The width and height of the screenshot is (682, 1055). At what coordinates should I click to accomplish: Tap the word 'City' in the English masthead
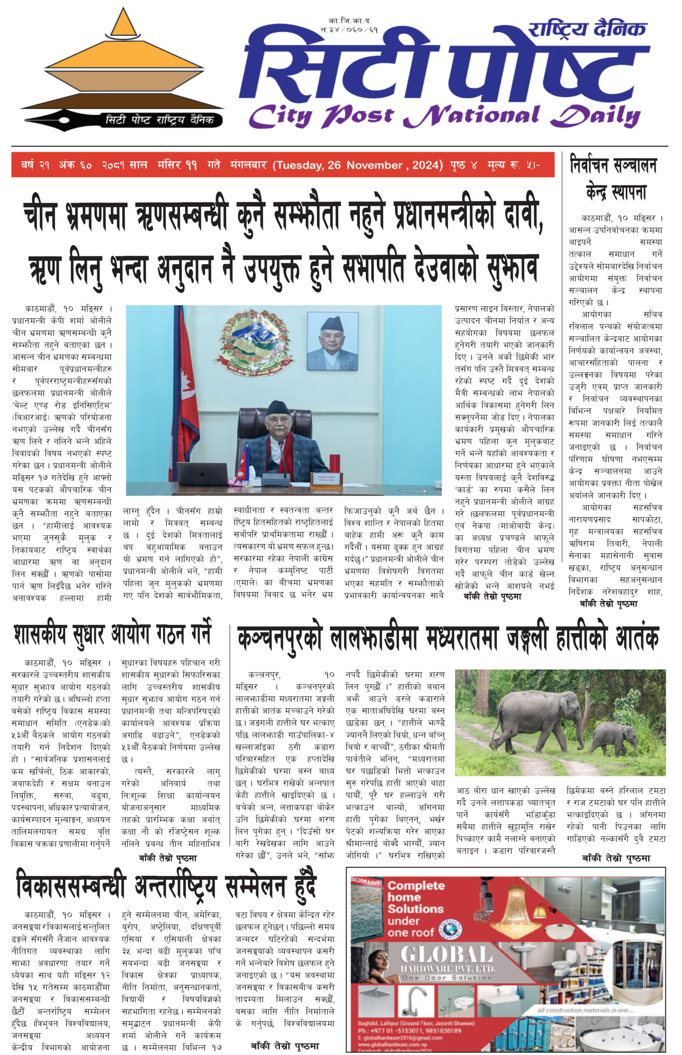click(x=281, y=117)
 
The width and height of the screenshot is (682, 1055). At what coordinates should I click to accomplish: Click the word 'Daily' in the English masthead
click(x=596, y=117)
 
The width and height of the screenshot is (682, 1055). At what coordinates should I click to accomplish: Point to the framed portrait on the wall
click(x=332, y=341)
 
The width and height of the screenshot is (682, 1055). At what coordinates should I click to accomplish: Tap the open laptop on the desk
click(x=199, y=474)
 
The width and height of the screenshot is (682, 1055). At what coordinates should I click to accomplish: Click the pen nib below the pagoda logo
click(x=49, y=119)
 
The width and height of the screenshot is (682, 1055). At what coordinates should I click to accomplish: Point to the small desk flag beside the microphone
click(x=245, y=463)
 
